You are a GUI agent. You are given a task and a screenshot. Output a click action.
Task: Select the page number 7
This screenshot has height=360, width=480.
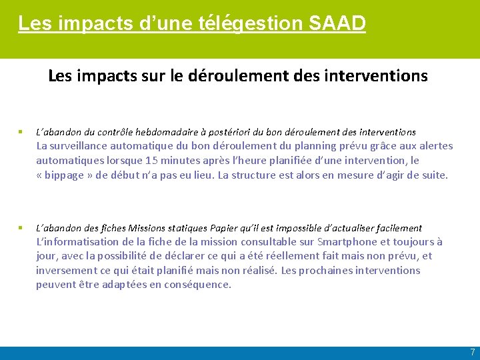click(472, 352)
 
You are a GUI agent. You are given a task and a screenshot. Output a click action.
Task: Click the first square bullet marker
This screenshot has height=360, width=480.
click(21, 132)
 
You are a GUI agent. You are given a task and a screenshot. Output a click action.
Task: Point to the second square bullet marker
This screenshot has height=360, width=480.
click(21, 228)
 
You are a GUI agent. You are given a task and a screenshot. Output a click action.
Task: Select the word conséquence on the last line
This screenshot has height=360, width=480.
click(197, 285)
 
